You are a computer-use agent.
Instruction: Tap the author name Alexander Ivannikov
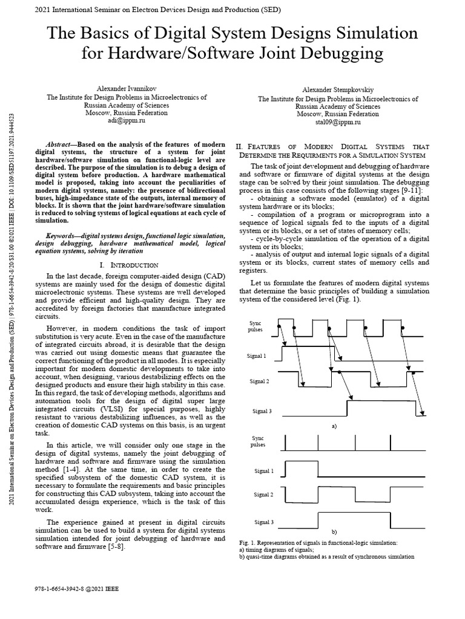point(127,88)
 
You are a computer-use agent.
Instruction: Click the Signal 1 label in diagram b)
point(264,470)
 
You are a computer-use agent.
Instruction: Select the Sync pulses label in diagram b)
point(258,441)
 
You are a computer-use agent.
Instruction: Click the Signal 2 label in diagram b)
point(264,494)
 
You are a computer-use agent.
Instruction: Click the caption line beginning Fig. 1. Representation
point(318,543)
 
